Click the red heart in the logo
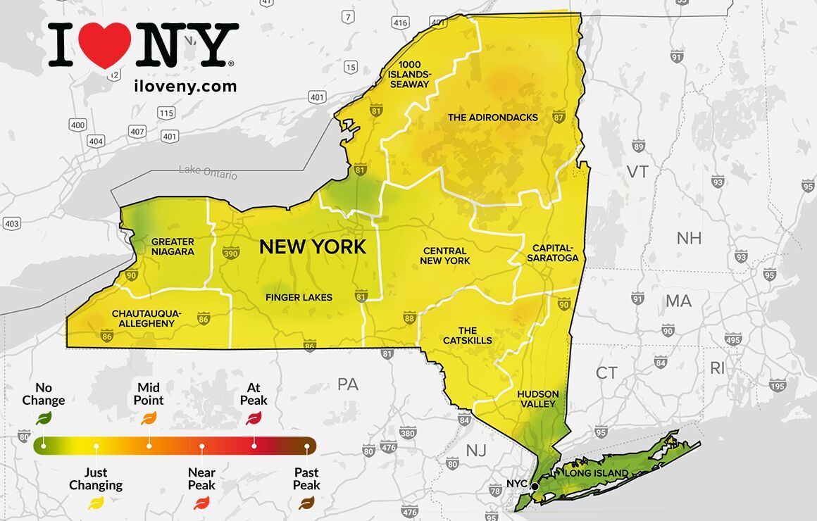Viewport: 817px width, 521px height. click(x=104, y=44)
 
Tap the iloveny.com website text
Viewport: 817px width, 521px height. click(x=185, y=86)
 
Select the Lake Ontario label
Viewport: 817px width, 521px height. click(x=208, y=172)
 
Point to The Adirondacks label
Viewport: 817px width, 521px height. click(x=493, y=118)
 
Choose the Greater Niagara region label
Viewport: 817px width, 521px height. click(x=173, y=246)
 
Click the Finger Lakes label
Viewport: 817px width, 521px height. click(x=299, y=297)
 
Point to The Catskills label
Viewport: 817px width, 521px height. click(x=468, y=335)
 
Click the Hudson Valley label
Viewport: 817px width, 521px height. click(x=537, y=398)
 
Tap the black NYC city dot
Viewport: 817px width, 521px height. click(x=535, y=486)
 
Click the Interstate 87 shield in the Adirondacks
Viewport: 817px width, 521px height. click(x=559, y=115)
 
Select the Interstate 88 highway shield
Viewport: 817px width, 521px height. click(x=409, y=319)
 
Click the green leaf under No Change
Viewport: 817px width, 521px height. click(x=44, y=418)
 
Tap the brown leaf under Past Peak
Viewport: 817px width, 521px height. click(x=306, y=503)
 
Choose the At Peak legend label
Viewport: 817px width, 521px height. click(x=254, y=394)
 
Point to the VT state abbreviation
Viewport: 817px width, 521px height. click(x=637, y=172)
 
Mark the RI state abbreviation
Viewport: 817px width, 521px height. click(x=717, y=367)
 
